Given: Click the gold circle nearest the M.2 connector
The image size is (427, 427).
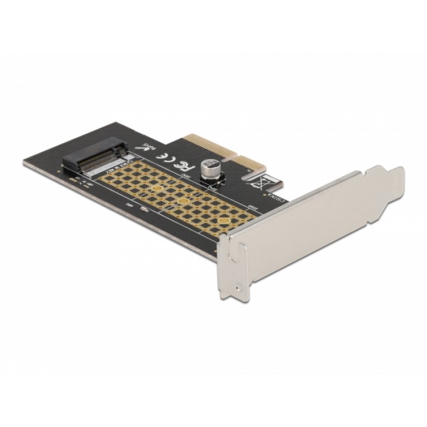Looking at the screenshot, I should [156, 187].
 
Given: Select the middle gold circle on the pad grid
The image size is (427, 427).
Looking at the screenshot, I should [183, 201].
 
